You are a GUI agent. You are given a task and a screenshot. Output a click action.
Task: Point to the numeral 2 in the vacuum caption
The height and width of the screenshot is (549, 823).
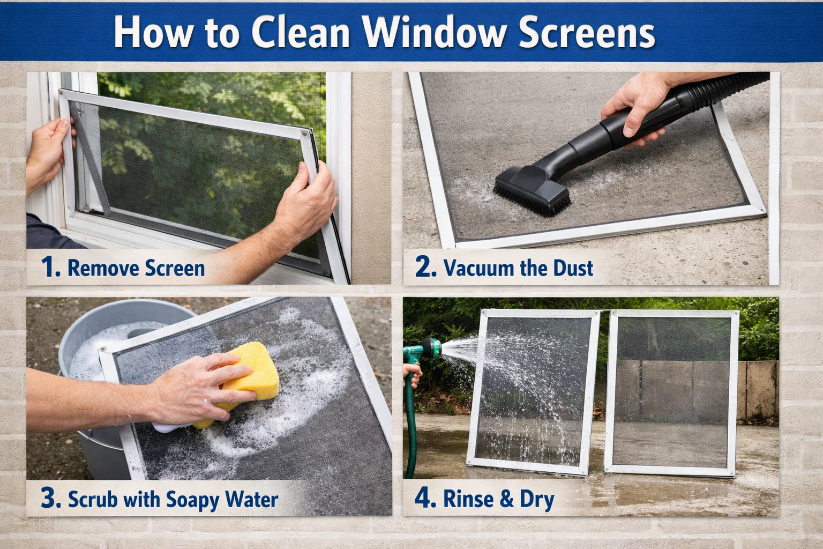click(x=425, y=267)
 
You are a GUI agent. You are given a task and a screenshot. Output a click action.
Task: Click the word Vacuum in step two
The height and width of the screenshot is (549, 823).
click(x=478, y=268)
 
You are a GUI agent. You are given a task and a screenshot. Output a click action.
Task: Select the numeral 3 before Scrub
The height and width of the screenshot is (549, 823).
click(x=50, y=499)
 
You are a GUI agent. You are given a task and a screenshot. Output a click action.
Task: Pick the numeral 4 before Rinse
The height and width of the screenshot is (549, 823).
click(x=425, y=499)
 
